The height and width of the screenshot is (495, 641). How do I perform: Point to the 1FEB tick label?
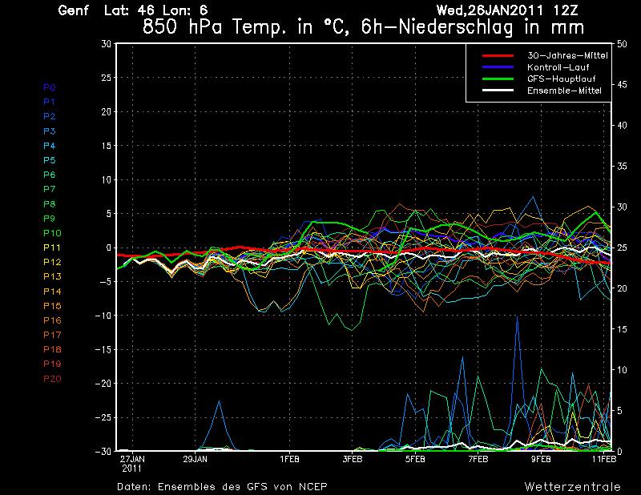pyautogui.click(x=290, y=460)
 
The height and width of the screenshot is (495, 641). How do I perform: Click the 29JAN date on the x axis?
pyautogui.click(x=196, y=460)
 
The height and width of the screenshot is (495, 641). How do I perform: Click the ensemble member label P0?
pyautogui.click(x=50, y=87)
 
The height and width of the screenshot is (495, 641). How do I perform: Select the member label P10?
pyautogui.click(x=52, y=233)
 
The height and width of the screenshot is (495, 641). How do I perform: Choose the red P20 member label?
pyautogui.click(x=52, y=379)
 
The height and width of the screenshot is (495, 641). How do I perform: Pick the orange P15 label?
pyautogui.click(x=52, y=306)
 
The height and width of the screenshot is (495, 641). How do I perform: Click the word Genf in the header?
pyautogui.click(x=75, y=10)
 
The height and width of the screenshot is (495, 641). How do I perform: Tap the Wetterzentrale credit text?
pyautogui.click(x=573, y=486)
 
